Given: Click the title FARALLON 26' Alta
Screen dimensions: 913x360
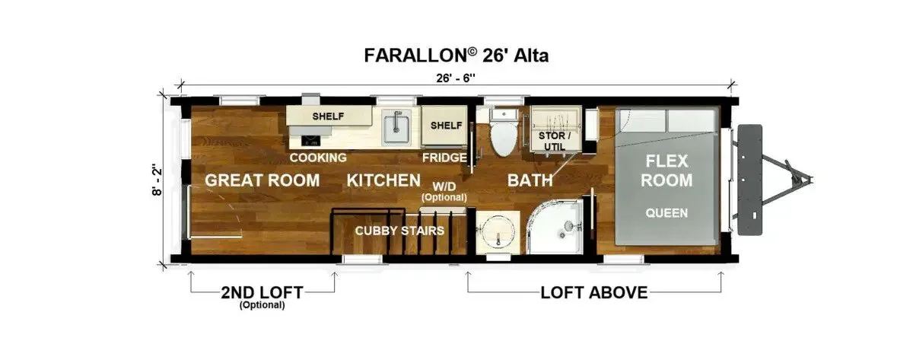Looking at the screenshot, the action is [x=456, y=56].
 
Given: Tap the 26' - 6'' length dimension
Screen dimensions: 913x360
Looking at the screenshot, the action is [x=456, y=78].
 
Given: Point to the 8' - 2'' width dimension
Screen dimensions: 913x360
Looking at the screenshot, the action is [x=157, y=180].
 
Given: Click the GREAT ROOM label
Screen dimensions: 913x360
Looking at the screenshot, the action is [x=262, y=180].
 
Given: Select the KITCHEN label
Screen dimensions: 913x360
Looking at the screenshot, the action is [x=383, y=180].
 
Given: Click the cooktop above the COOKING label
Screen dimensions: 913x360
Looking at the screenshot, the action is [x=310, y=141].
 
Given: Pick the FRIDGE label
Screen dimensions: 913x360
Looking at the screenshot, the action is [x=444, y=158].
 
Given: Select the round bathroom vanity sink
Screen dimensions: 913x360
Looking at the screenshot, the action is [x=498, y=232].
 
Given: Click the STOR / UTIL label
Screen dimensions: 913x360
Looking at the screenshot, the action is [x=555, y=141].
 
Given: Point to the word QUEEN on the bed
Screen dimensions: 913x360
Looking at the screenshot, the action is [x=666, y=213].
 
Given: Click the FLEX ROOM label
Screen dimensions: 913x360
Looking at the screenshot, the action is [x=666, y=170].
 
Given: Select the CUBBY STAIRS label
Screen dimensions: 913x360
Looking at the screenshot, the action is [x=399, y=231].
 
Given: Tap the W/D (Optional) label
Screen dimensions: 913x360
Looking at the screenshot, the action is [x=444, y=192].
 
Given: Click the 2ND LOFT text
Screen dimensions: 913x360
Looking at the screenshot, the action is [x=262, y=292].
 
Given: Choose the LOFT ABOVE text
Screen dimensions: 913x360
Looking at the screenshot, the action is [x=594, y=293].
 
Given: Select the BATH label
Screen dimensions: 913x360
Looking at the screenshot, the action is [x=530, y=180].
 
